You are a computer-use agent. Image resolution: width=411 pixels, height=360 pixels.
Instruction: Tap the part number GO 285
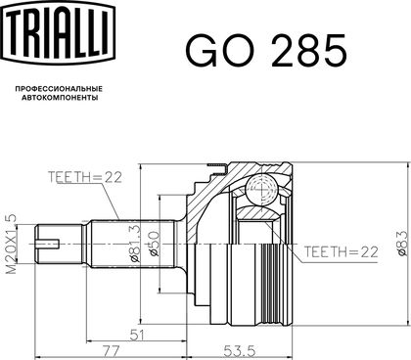pyautogui.click(x=266, y=51)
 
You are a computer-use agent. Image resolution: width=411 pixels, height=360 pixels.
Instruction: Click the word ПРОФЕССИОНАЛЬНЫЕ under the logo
pyautogui.click(x=59, y=89)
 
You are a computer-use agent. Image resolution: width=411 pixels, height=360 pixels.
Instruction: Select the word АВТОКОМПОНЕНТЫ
pyautogui.click(x=60, y=98)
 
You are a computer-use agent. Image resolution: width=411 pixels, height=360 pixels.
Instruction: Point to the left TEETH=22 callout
pyautogui.click(x=85, y=177)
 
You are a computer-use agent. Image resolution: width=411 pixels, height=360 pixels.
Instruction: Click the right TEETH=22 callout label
pyautogui.click(x=342, y=252)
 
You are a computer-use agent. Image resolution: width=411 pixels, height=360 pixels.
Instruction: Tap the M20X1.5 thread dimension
pyautogui.click(x=11, y=244)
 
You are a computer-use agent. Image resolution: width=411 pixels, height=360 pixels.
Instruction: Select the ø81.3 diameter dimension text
pyautogui.click(x=135, y=244)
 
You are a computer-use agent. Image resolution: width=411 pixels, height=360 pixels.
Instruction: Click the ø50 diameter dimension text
pyautogui.click(x=155, y=244)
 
